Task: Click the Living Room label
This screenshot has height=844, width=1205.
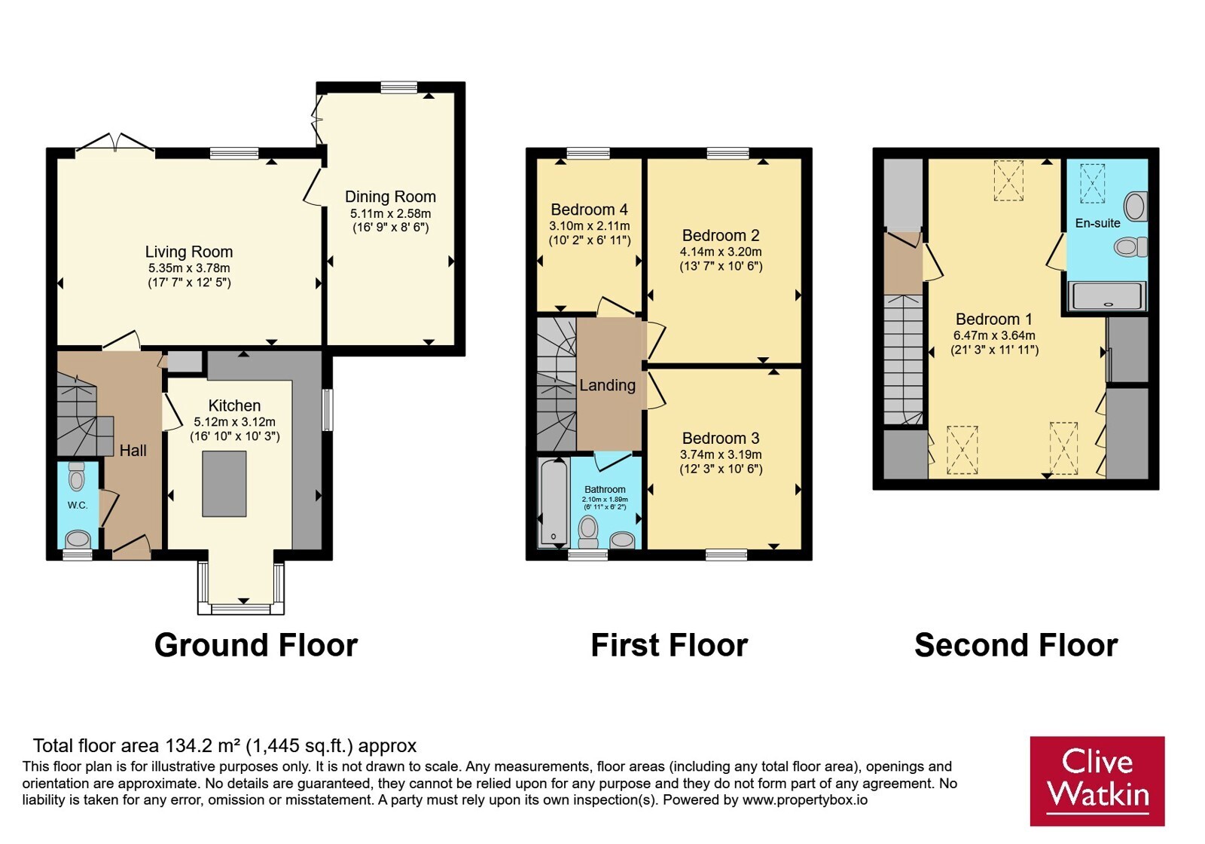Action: click(x=189, y=252)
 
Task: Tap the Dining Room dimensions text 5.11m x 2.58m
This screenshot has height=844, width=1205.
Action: click(x=391, y=214)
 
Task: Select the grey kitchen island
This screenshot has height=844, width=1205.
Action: click(x=224, y=484)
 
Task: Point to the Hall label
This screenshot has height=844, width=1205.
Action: click(x=133, y=450)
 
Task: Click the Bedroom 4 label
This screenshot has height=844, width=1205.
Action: click(x=590, y=209)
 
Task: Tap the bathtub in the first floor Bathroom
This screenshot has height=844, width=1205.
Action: click(x=553, y=502)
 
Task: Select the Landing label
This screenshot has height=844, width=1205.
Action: click(x=607, y=385)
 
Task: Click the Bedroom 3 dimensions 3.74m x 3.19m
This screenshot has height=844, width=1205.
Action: click(x=721, y=455)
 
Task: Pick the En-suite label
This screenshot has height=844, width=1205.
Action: click(x=1097, y=223)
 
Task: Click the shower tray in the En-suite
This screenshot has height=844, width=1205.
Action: click(x=1107, y=296)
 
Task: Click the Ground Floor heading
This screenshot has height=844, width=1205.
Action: click(x=256, y=645)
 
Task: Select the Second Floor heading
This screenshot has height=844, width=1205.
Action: click(x=1016, y=645)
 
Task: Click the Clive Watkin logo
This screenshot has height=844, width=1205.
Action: click(x=1097, y=781)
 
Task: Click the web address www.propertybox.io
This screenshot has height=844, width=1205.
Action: click(x=805, y=800)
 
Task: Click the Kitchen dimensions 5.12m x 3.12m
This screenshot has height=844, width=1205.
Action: click(x=234, y=422)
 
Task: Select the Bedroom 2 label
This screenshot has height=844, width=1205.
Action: click(x=721, y=235)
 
